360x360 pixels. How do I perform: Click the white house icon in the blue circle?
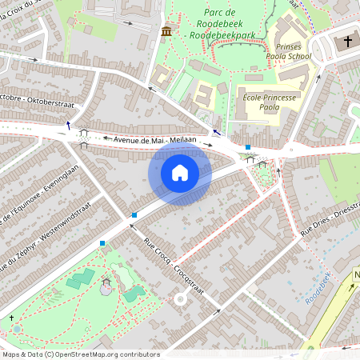pyautogui.click(x=180, y=172)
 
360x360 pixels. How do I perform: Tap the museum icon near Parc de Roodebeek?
pyautogui.click(x=166, y=31)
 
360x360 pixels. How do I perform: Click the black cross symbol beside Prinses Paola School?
pyautogui.click(x=349, y=41)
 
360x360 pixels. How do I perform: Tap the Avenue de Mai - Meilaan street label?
pyautogui.click(x=155, y=140)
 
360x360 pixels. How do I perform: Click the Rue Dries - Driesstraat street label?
pyautogui.click(x=328, y=218)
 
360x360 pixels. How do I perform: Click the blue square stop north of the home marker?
pyautogui.click(x=249, y=147)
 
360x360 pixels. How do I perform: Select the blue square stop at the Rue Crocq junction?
pyautogui.click(x=134, y=214)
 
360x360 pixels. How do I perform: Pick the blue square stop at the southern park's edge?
pyautogui.click(x=102, y=242)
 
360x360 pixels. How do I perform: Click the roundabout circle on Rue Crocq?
pyautogui.click(x=181, y=299)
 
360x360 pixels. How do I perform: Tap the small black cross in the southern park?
pyautogui.click(x=14, y=329)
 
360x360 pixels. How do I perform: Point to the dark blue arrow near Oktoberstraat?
pyautogui.click(x=69, y=125)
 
